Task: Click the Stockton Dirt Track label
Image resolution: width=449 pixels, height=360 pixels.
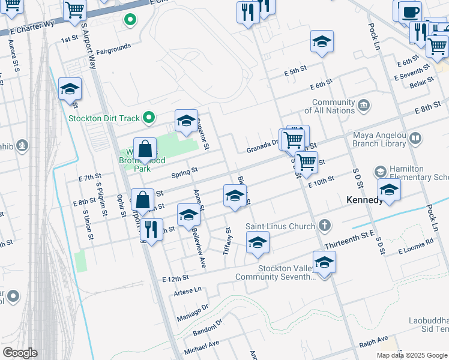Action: point(104,118)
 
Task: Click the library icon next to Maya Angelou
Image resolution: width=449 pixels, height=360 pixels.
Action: point(415,139)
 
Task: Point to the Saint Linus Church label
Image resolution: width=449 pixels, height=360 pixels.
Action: point(280,226)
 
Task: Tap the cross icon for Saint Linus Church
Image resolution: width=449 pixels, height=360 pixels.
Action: point(324,226)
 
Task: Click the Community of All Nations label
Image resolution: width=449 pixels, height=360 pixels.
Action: point(333,107)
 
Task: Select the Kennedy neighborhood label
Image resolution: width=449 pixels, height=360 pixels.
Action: point(365,200)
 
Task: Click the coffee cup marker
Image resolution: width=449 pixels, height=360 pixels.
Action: point(411,11)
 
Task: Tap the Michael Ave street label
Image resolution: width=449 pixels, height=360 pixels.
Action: point(202,347)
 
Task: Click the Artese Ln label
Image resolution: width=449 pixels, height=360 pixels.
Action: point(187,290)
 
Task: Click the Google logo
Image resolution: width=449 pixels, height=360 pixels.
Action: point(20,353)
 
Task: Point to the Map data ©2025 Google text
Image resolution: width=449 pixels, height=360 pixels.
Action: point(411,355)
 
